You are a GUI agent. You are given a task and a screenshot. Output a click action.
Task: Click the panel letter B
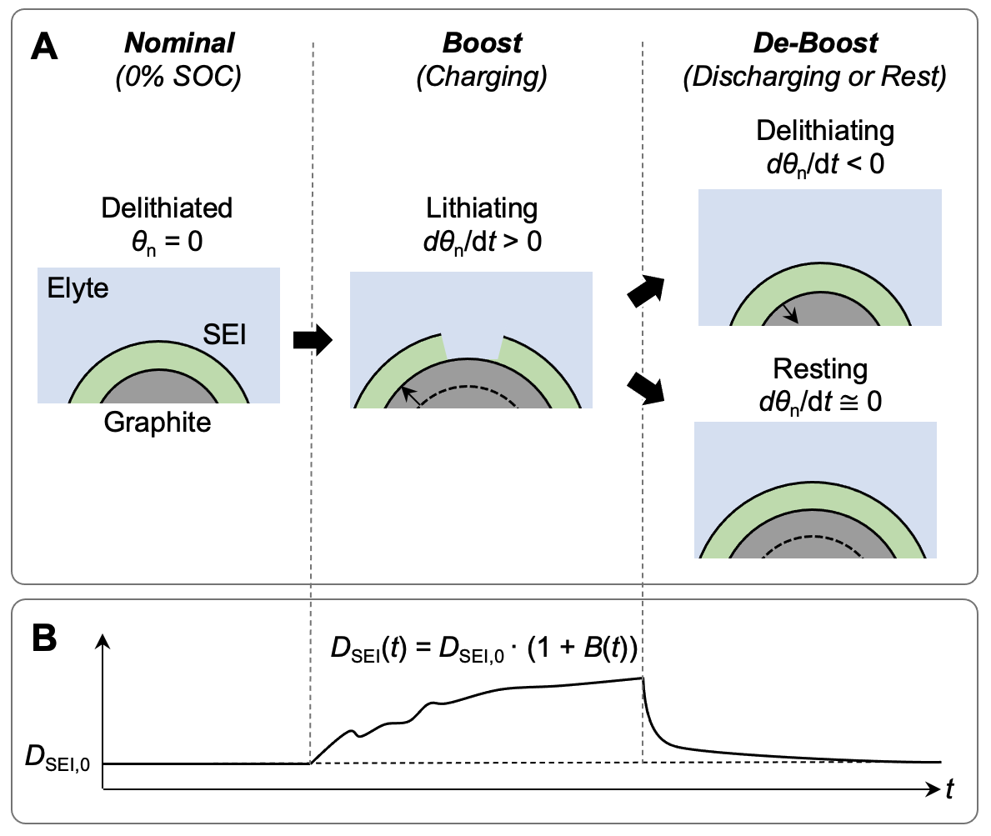point(44,639)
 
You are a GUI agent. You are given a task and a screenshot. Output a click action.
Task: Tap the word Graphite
point(158,423)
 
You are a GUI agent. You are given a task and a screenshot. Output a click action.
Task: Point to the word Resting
point(820,368)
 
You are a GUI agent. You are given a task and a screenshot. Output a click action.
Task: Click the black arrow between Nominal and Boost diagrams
point(313,340)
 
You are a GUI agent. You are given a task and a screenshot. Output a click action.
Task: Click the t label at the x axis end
point(950,789)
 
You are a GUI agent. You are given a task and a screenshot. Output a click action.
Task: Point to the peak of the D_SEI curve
point(643,678)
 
